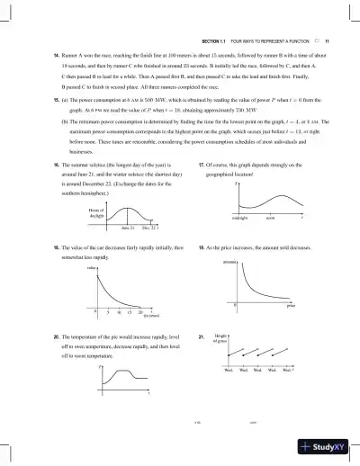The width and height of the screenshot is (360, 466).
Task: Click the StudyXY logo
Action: [x=328, y=447]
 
